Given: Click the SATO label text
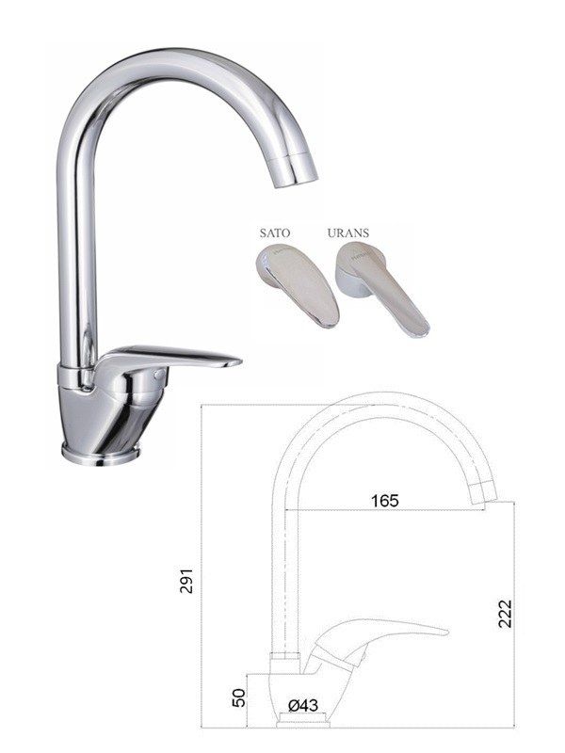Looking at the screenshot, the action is point(275,232).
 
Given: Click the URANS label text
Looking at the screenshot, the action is point(348,232).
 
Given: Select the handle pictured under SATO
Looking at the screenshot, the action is point(297,287).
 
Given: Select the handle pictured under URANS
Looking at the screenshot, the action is point(382,288).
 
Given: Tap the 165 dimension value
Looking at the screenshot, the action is point(385,501).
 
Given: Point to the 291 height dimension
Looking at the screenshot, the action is point(186,581).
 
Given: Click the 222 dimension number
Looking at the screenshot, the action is point(505,614).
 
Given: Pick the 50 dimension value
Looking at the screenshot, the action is point(239,697).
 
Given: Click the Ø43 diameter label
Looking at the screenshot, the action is point(303,705).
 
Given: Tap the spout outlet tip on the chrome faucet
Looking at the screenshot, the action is point(296,179).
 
